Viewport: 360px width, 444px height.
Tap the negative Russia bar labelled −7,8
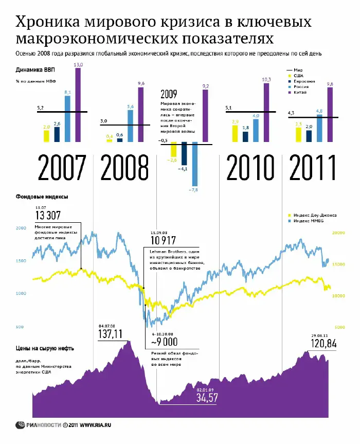click(194, 164)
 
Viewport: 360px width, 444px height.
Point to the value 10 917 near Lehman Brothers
click(163, 240)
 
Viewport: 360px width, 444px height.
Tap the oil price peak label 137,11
click(111, 334)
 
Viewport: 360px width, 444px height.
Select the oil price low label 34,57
click(208, 397)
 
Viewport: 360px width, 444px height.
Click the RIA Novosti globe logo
click(21, 425)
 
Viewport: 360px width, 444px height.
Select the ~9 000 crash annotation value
click(164, 342)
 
